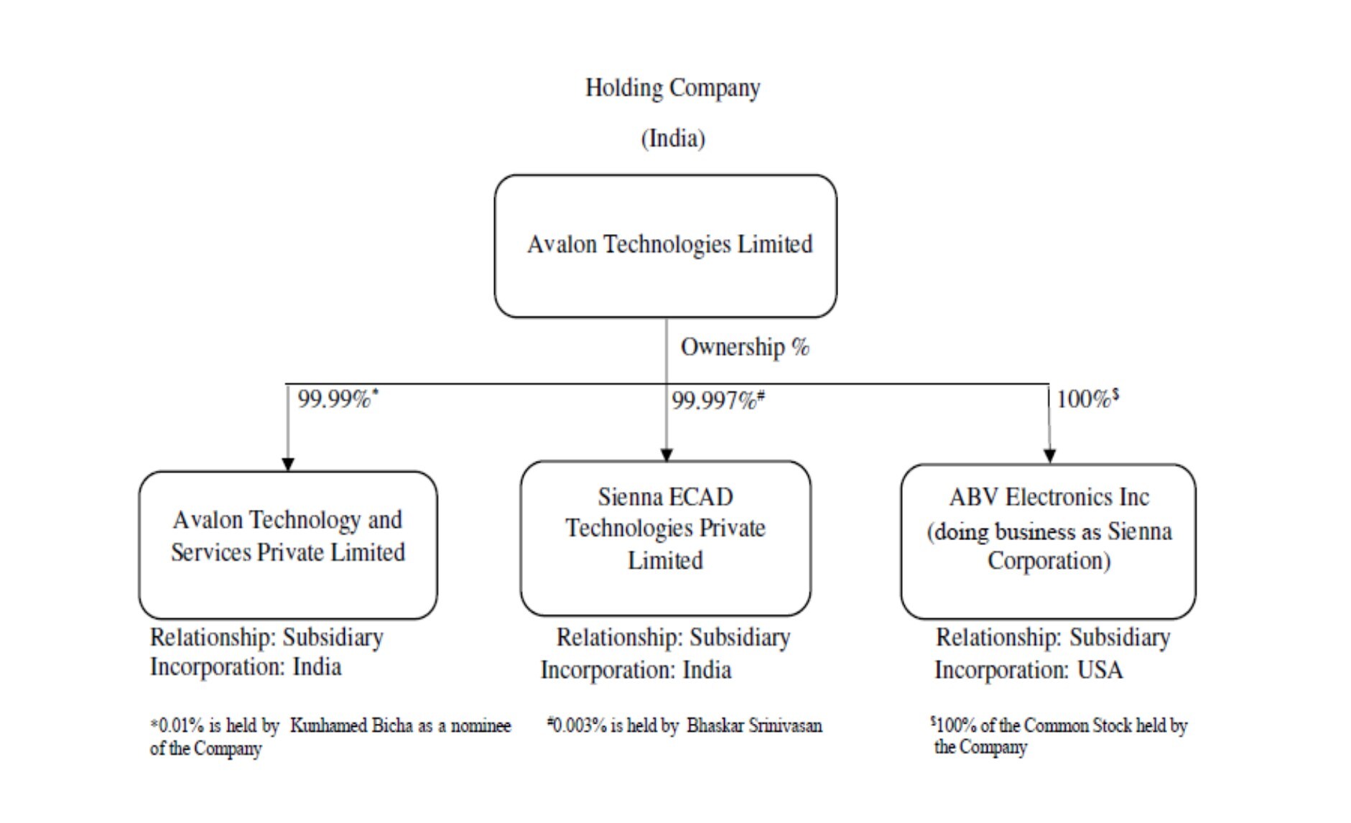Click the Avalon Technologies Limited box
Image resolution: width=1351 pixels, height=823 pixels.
point(665,246)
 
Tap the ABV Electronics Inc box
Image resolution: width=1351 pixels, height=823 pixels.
point(1048,541)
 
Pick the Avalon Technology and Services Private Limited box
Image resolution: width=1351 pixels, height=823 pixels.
point(287,544)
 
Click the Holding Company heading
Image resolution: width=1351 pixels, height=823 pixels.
point(672,88)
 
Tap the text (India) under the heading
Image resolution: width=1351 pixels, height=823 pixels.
point(672,138)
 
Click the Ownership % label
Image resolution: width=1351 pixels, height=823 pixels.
point(744,347)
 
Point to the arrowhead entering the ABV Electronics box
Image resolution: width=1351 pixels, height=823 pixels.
point(1049,455)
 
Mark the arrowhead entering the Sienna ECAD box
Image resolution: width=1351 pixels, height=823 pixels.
point(666,454)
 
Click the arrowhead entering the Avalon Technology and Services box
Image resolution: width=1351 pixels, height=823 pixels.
point(288,463)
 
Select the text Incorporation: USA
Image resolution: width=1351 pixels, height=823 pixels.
point(1028,670)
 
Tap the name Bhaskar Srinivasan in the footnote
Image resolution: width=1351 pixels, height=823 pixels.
point(753,726)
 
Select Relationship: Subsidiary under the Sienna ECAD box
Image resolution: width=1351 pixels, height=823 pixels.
point(673,637)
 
